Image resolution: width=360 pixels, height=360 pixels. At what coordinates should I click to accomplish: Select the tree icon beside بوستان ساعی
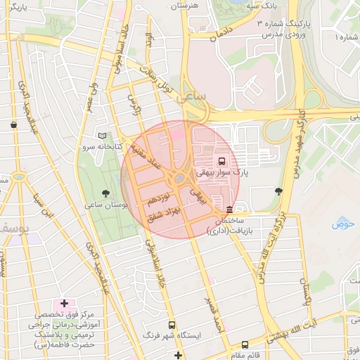[105, 193]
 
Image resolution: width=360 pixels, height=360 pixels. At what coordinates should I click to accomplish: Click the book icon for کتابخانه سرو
[103, 136]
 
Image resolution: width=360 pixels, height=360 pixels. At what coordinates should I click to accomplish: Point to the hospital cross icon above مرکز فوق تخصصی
[65, 303]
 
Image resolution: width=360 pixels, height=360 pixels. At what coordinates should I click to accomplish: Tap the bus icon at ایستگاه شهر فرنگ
[172, 326]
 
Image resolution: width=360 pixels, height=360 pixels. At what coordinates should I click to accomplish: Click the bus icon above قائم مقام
[245, 345]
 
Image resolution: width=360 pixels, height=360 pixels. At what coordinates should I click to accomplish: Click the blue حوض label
[343, 224]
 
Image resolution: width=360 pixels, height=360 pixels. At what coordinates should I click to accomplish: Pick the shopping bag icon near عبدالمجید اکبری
[14, 124]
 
